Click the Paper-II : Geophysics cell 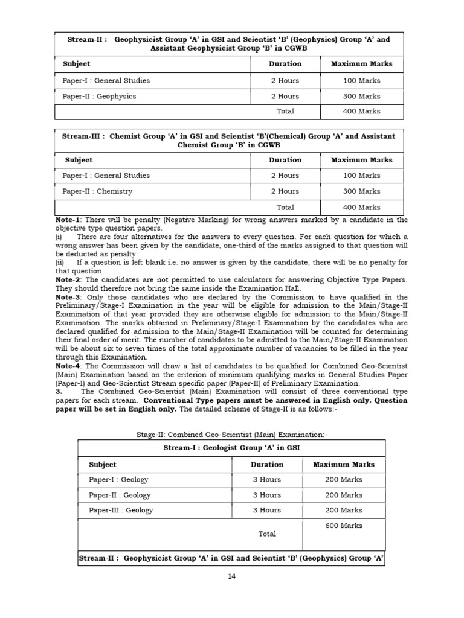99,97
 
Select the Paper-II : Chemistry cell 97,191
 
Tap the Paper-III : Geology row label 121,510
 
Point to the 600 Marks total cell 344,526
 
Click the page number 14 232,576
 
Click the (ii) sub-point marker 60,263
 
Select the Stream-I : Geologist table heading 231,448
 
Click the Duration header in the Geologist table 267,465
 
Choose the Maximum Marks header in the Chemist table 361,160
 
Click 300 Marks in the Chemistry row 361,191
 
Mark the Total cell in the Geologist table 267,534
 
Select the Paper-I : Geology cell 118,480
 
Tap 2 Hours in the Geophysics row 285,97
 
